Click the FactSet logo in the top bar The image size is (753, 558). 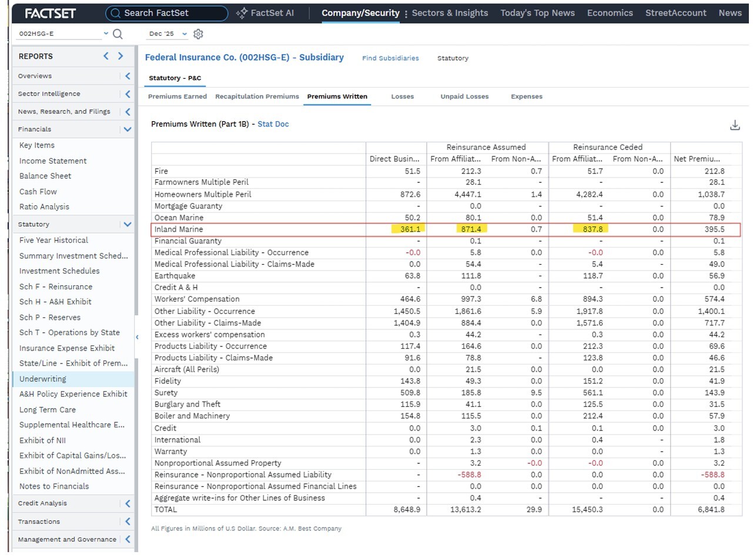[x=50, y=14]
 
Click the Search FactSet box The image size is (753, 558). [x=166, y=14]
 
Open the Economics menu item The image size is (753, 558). [x=610, y=13]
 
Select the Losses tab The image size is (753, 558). [x=402, y=96]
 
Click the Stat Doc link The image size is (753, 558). [x=273, y=124]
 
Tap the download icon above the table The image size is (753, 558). [x=735, y=125]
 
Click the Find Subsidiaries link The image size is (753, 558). [x=390, y=58]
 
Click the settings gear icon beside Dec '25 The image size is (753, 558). [x=198, y=34]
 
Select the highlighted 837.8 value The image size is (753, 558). [x=590, y=229]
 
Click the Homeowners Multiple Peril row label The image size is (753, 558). [x=203, y=194]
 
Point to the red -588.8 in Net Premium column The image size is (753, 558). [x=712, y=475]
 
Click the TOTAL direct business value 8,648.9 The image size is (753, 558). [x=407, y=509]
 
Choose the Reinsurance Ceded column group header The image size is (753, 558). [x=608, y=147]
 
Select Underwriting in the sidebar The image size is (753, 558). [x=43, y=379]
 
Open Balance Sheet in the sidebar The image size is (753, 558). [x=45, y=176]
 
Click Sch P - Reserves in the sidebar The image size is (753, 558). [x=50, y=317]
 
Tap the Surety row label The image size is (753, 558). [x=166, y=393]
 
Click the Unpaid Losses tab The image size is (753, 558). [x=464, y=96]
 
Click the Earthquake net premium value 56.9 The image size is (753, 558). [x=717, y=276]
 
